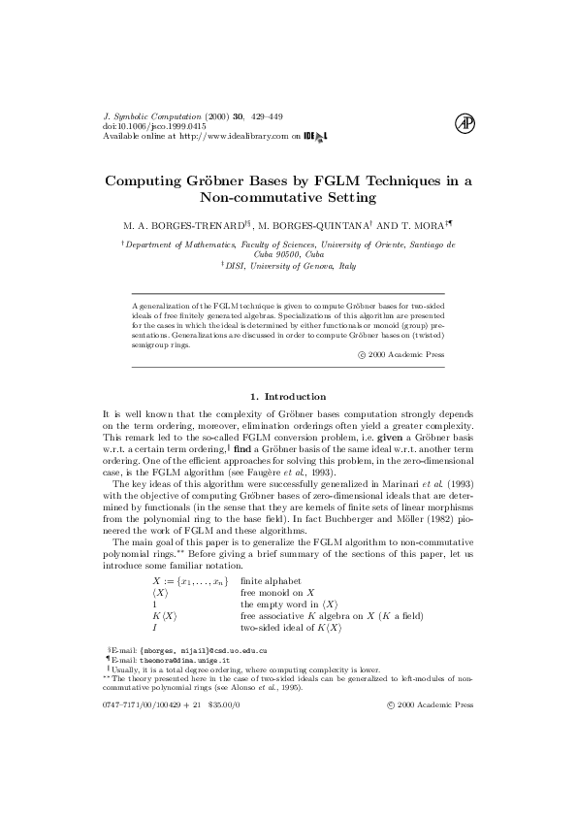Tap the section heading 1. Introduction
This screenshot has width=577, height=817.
click(288, 396)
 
